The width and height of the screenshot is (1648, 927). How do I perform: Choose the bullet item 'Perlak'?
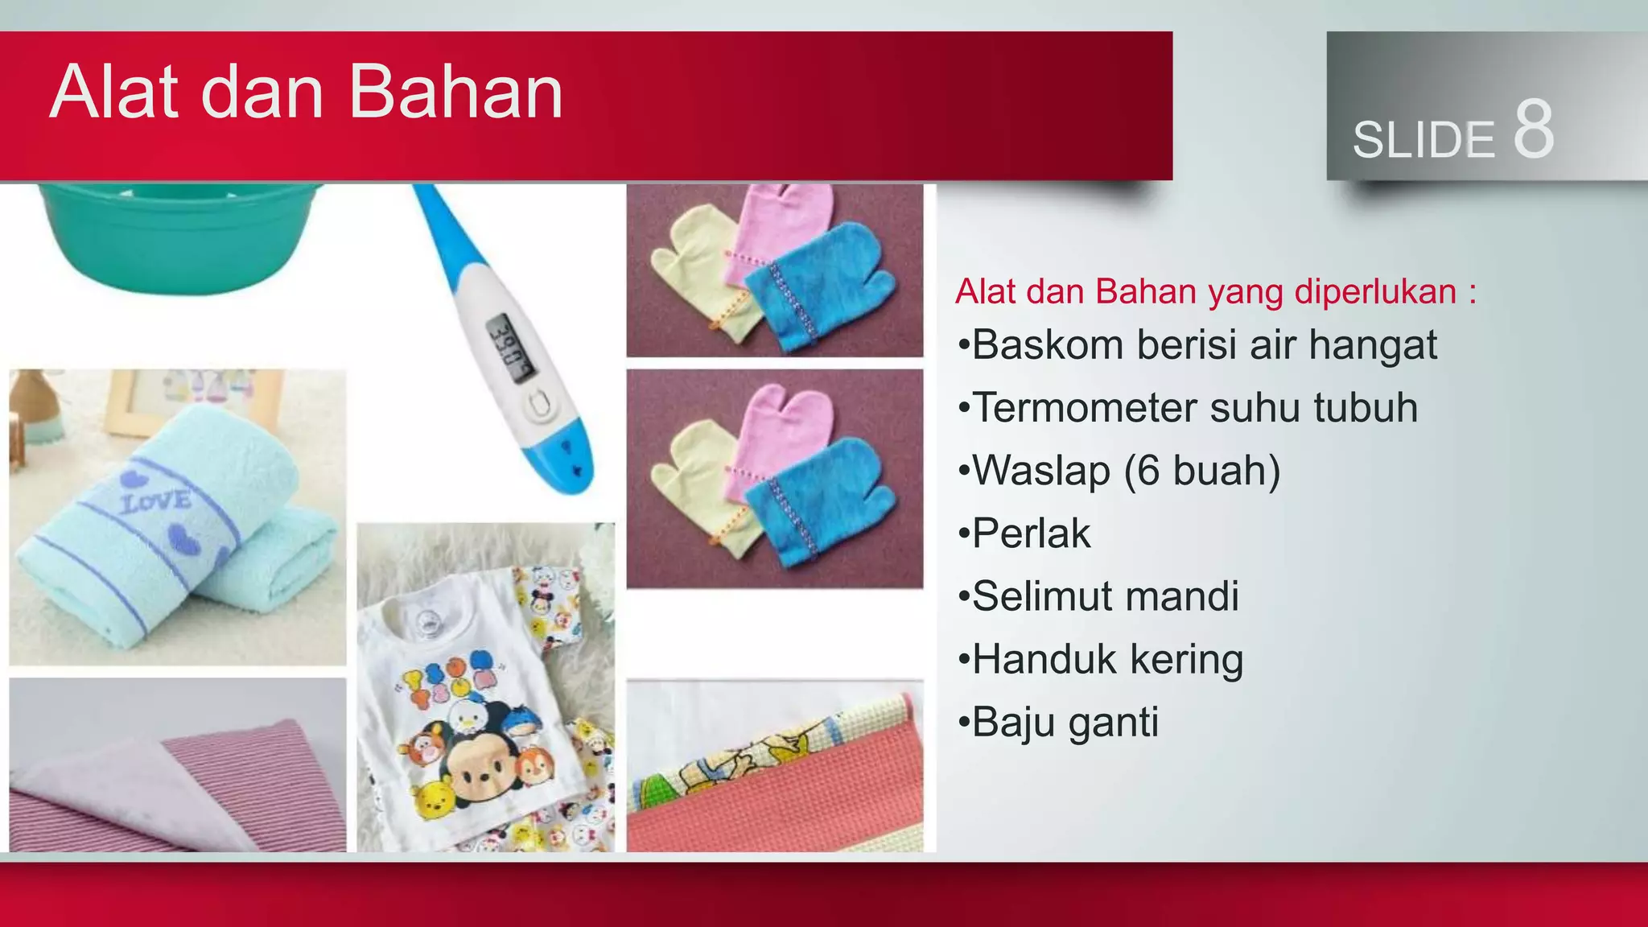coord(1031,534)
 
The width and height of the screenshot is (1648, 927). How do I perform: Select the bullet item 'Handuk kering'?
coord(1107,659)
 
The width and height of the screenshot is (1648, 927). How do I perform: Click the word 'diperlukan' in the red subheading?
coord(1375,291)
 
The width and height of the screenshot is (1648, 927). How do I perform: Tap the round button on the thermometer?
coord(540,406)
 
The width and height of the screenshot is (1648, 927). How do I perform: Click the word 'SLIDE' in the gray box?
coord(1423,140)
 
